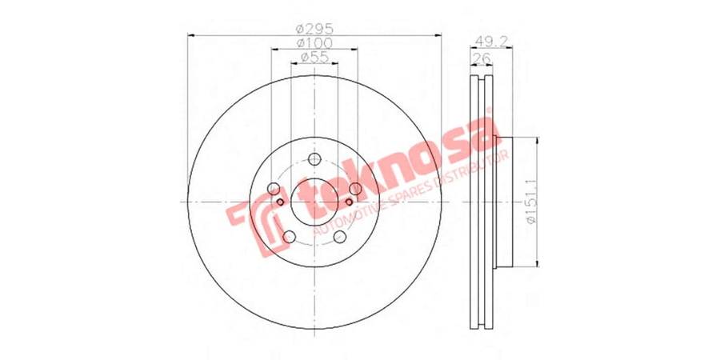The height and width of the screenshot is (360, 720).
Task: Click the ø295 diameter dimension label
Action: (x=314, y=27)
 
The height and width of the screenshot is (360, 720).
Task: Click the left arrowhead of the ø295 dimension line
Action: (x=190, y=34)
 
